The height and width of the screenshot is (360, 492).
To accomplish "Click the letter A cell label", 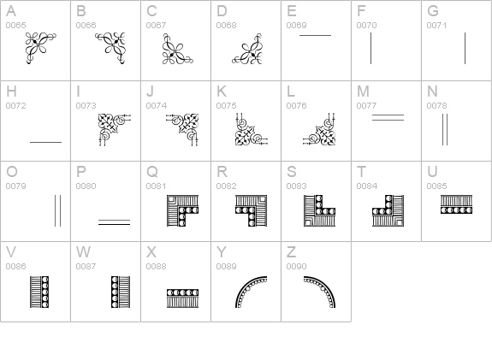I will click(x=10, y=11).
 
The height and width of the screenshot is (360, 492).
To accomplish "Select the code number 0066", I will click(x=86, y=26).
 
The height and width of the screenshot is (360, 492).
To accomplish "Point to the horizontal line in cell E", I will click(x=315, y=36).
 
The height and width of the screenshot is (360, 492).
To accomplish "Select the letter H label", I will click(x=11, y=91).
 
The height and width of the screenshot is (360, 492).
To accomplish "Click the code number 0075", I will click(x=226, y=106).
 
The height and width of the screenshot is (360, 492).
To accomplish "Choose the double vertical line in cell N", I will click(x=444, y=129).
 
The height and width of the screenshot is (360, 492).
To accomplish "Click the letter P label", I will click(x=81, y=172).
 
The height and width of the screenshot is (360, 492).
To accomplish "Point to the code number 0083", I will click(x=296, y=186).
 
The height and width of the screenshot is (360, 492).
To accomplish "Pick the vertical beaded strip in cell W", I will click(x=113, y=292).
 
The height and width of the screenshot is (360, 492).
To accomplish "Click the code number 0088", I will click(x=156, y=267).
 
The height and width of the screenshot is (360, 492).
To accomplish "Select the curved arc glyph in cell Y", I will click(x=251, y=292).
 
